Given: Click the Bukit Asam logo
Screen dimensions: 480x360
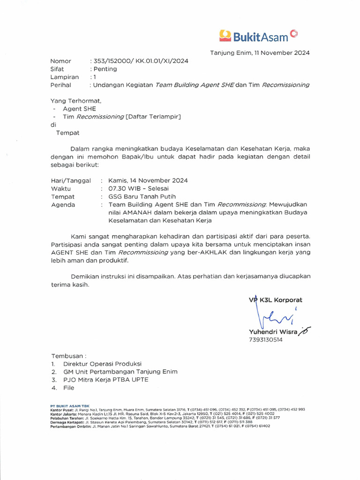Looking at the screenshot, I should tap(258, 35).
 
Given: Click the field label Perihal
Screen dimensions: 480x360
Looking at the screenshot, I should tap(60, 85).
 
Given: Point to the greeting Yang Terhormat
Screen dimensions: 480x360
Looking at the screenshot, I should tap(75, 100).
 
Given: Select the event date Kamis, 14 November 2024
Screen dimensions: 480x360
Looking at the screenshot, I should tap(148, 180).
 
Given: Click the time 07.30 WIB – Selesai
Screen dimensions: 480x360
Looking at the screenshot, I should tap(135, 188).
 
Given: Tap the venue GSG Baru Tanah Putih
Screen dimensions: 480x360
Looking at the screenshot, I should tap(142, 196).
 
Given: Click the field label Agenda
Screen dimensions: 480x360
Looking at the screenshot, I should tap(62, 205).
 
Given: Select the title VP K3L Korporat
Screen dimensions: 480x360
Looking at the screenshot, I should tap(276, 300).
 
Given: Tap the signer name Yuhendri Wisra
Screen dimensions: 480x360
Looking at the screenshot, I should tap(273, 332).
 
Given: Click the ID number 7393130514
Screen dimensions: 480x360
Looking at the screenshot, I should tap(266, 340).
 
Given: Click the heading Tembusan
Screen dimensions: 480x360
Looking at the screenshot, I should tap(68, 356).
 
